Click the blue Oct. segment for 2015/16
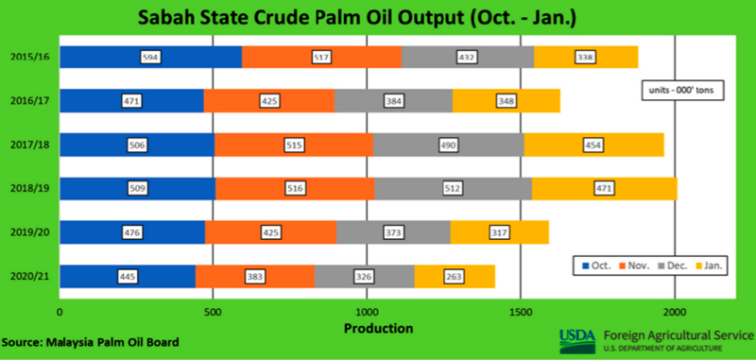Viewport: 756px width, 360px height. [x=150, y=57]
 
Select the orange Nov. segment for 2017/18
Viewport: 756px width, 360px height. [x=294, y=145]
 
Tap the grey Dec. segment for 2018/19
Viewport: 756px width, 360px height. [x=454, y=188]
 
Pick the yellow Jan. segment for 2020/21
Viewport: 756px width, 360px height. [x=455, y=276]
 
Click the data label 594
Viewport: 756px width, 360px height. [x=150, y=58]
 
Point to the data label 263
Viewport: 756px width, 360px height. [x=455, y=277]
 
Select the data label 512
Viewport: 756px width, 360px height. [x=453, y=189]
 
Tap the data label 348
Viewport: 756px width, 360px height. [x=506, y=101]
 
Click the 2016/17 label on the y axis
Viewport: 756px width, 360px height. [x=31, y=101]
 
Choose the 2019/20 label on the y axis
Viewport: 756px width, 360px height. [x=31, y=232]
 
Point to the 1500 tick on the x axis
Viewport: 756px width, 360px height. [x=521, y=311]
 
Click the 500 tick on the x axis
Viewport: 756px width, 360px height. [x=214, y=311]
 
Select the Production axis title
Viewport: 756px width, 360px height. [x=379, y=328]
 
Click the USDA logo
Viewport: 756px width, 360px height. [x=577, y=340]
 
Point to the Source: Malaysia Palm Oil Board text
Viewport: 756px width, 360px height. [x=90, y=343]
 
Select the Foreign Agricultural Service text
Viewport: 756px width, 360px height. [x=677, y=334]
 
